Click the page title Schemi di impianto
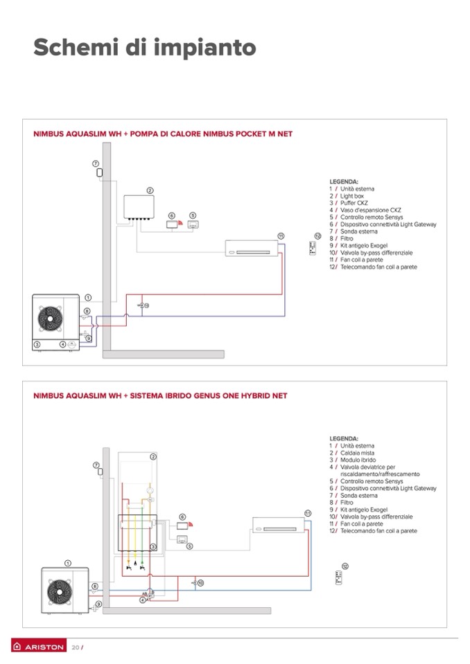click(x=144, y=47)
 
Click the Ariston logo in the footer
click(x=39, y=647)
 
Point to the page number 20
click(x=76, y=647)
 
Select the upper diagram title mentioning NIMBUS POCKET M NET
click(x=163, y=134)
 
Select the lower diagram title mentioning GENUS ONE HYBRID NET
click(x=160, y=395)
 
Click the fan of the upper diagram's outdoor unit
click(x=50, y=318)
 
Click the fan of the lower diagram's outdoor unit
click(x=59, y=591)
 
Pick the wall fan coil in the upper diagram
click(x=252, y=248)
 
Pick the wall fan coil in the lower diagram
click(x=279, y=525)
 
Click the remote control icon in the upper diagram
click(x=313, y=248)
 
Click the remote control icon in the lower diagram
click(x=338, y=577)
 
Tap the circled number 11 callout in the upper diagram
click(x=281, y=236)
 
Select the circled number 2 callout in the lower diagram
click(x=153, y=456)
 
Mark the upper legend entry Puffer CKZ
click(x=349, y=203)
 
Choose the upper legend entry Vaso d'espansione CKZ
click(x=365, y=210)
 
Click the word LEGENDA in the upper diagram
click(x=344, y=181)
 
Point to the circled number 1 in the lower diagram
click(x=68, y=563)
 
